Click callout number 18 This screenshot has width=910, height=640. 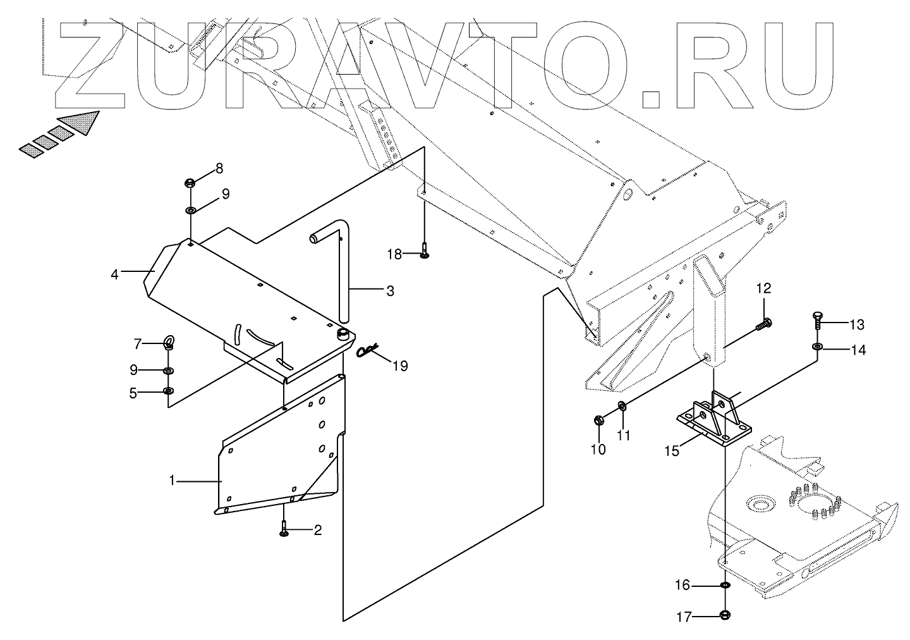coord(394,254)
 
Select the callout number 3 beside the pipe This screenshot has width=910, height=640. coord(390,291)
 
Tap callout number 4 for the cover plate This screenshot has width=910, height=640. coord(114,274)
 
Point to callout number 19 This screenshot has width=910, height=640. coord(400,366)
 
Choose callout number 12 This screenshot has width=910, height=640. coord(764,289)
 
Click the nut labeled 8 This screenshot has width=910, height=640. coord(190,183)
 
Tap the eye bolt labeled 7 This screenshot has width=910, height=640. coord(169,344)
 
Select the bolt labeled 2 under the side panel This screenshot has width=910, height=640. coord(284,529)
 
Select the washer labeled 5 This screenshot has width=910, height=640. coord(168,392)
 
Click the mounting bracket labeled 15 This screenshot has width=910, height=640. coord(714,421)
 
